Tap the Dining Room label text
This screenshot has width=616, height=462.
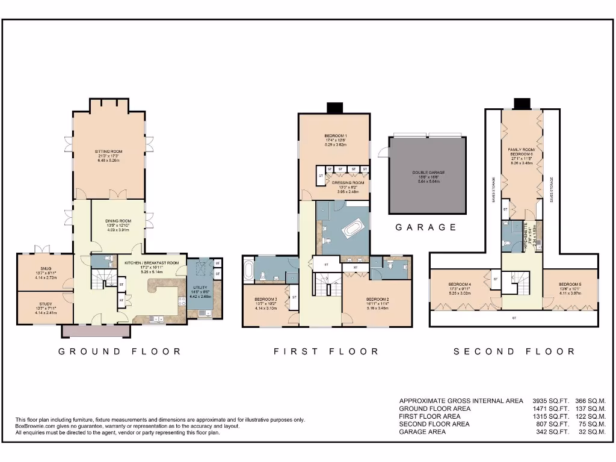tap(118, 221)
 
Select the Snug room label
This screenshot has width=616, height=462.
tap(46, 269)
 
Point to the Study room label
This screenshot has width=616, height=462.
tap(46, 304)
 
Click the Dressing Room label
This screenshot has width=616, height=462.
tap(348, 182)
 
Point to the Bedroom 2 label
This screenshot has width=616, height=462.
tap(379, 299)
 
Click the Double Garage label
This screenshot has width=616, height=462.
tap(428, 173)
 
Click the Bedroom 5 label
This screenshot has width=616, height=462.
tap(569, 285)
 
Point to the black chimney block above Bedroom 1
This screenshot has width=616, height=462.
tap(334, 108)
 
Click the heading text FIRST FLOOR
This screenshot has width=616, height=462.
tap(326, 351)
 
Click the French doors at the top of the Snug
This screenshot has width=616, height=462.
tap(43, 249)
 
